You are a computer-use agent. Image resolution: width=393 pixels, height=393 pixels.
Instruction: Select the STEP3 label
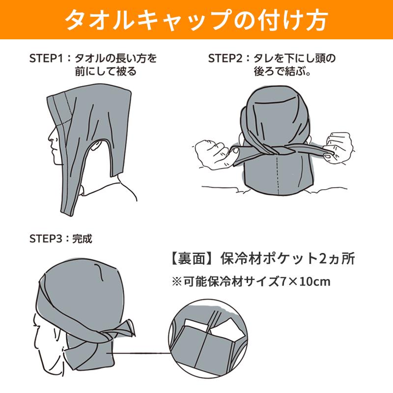coord(46,239)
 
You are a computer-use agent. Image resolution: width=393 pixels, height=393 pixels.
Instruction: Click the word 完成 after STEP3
coord(82,239)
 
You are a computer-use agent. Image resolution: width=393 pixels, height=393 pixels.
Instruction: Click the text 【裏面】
coord(187,259)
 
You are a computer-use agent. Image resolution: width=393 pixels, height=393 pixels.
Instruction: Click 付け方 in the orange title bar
coord(300,21)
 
